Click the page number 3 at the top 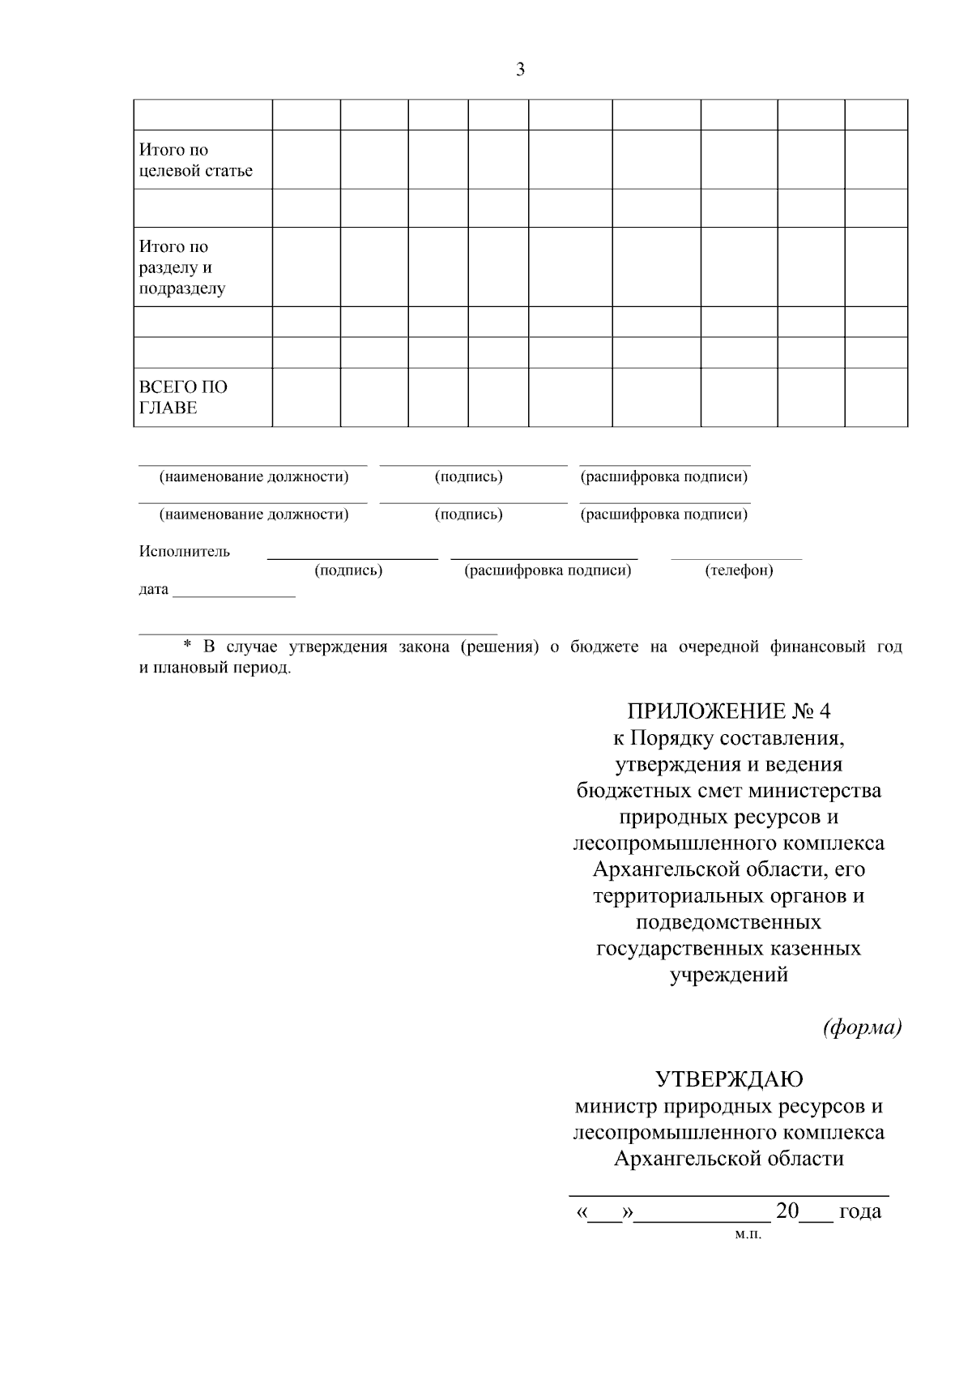(520, 70)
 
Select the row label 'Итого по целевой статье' (195, 160)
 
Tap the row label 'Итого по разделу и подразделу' (182, 267)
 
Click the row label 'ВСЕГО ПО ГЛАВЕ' (183, 397)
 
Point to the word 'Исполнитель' (185, 552)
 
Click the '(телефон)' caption (739, 570)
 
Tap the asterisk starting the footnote (187, 647)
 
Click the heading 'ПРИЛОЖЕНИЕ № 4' (728, 711)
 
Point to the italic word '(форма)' (862, 1028)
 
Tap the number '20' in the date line (787, 1211)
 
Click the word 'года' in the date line (859, 1212)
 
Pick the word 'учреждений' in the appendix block (728, 975)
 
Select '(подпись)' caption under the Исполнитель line (348, 570)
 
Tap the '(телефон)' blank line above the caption (735, 558)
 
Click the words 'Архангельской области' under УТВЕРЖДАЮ (728, 1159)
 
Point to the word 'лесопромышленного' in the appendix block (671, 843)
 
